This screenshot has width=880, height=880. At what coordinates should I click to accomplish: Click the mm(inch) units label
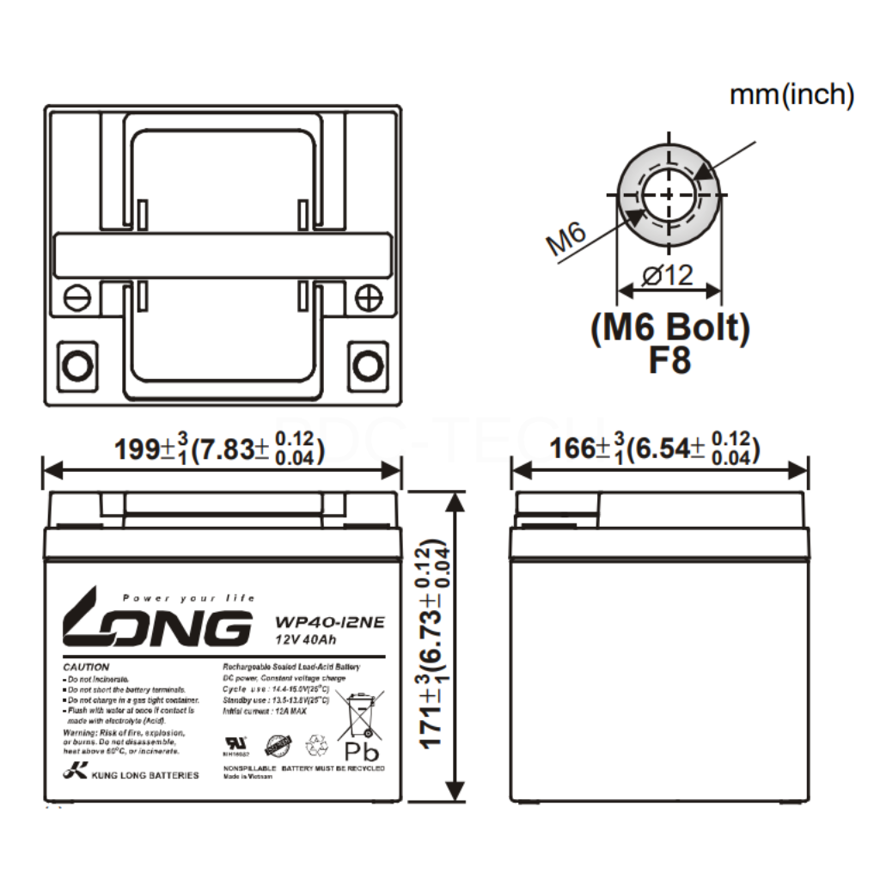point(791,95)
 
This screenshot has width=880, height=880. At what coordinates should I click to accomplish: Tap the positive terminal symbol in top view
point(368,297)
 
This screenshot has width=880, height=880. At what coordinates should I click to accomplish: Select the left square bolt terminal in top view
point(78,366)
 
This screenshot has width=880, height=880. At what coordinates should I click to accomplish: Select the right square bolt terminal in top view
point(368,366)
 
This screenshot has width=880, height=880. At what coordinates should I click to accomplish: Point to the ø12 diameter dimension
point(668,276)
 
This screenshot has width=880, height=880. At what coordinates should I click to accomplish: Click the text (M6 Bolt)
point(669,327)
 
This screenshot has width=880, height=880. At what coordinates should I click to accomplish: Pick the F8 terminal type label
point(669,360)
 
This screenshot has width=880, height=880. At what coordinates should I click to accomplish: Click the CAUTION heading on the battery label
point(86,667)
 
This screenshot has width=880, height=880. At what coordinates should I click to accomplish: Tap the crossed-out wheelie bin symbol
point(360,714)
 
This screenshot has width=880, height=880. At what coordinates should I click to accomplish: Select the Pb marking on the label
point(361,751)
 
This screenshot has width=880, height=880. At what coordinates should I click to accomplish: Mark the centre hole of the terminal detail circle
point(668,194)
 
